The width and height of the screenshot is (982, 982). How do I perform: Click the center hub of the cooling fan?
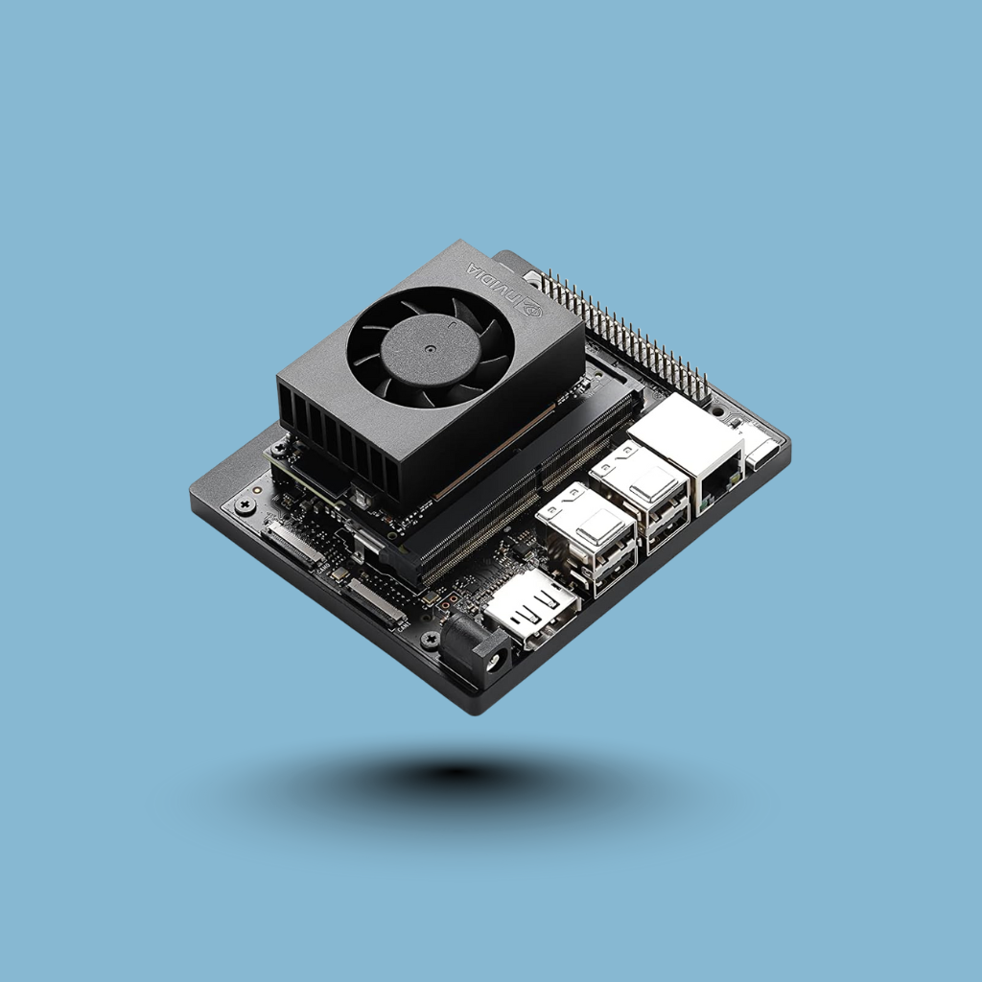(x=430, y=350)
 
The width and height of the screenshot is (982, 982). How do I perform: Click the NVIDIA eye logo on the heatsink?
(x=531, y=308)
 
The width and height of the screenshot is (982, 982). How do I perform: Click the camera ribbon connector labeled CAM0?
(x=293, y=545)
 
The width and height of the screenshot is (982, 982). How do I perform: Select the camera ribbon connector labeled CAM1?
(x=376, y=603)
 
